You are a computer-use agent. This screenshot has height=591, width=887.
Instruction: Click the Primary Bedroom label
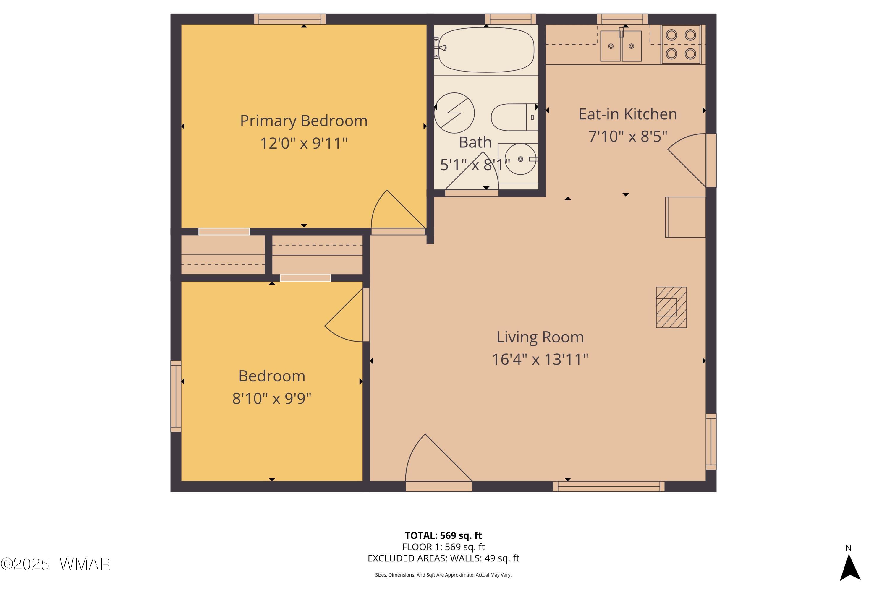point(304,121)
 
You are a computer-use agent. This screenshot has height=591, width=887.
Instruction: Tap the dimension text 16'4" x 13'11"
point(540,359)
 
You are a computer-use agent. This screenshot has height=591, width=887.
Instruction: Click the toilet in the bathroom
point(514,117)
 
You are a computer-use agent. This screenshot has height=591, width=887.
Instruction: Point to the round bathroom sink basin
point(520,159)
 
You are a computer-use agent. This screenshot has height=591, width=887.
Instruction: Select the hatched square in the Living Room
point(671,307)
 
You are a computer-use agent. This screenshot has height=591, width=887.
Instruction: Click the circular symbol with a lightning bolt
point(454,113)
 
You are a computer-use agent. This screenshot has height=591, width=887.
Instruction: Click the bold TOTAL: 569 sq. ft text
point(444,535)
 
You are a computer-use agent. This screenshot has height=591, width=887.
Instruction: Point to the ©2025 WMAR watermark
point(56,564)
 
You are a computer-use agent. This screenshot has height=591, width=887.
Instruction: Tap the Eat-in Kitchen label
point(628,114)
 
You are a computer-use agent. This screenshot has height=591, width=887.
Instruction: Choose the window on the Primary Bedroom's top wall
point(290,19)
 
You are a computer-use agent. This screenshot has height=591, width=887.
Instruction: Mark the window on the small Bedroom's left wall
point(176,396)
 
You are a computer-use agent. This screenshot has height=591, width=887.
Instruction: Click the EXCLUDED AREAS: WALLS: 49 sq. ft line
point(444,558)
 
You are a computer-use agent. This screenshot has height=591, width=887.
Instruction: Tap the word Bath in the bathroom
point(475,142)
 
